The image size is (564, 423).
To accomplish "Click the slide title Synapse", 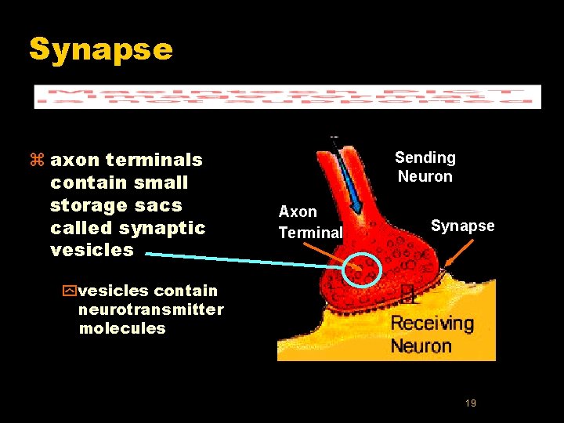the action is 100,49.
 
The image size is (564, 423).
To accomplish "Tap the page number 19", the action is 471,403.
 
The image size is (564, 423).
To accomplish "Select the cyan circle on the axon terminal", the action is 360,271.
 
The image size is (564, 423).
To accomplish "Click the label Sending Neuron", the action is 425,167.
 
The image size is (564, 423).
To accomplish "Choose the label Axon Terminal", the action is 310,222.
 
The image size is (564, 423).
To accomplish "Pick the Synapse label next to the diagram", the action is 462,226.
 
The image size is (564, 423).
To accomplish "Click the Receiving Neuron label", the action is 432,334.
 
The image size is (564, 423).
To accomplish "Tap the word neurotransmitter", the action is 150,309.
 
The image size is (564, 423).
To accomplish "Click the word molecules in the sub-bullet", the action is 122,328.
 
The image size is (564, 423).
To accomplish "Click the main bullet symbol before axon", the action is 35,161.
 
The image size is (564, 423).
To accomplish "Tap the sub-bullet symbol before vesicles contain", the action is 67,291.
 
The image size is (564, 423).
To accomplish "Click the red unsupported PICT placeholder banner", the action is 287,96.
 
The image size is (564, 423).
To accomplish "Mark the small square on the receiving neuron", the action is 407,294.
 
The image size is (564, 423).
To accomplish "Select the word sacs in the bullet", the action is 163,205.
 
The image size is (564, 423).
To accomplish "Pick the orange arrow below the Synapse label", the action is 458,255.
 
